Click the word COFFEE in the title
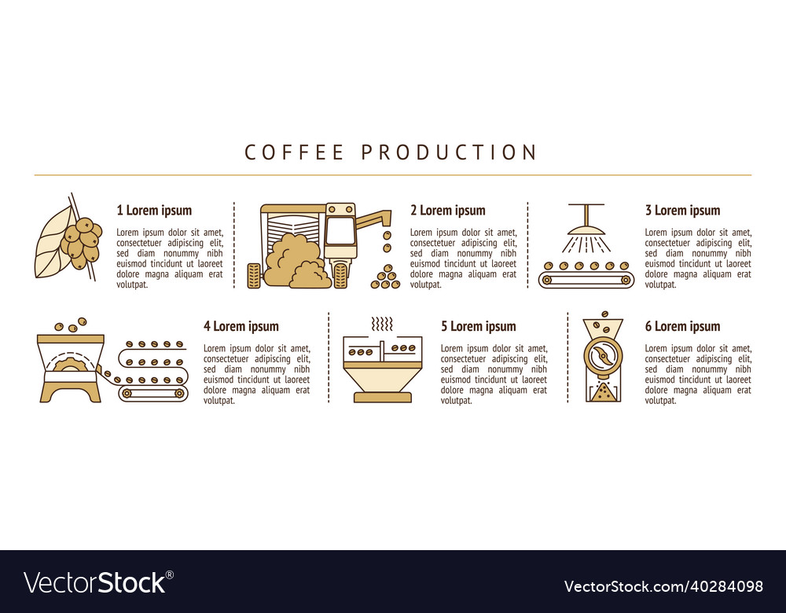[295, 152]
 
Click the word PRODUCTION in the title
[449, 152]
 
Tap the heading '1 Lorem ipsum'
[154, 210]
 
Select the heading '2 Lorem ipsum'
[447, 210]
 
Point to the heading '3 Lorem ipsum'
[682, 210]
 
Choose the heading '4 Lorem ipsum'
[241, 326]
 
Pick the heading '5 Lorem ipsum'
[478, 326]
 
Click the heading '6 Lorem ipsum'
[682, 326]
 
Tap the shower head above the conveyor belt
[587, 229]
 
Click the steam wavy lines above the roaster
[382, 325]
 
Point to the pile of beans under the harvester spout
[386, 277]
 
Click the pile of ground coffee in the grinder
[603, 391]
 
